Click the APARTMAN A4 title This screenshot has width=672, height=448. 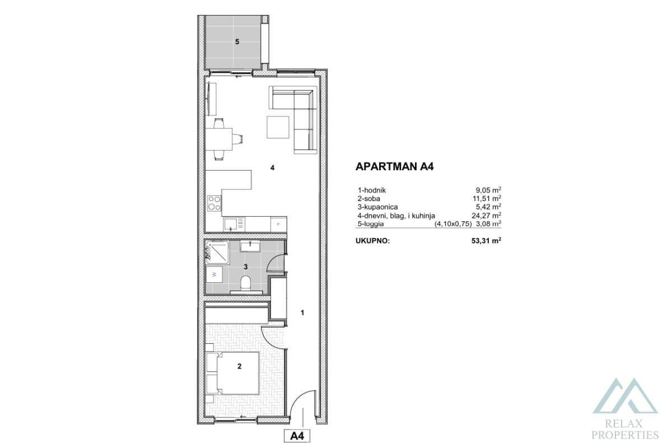(395, 166)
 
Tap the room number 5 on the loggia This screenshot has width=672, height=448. (237, 41)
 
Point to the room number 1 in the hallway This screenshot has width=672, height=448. (302, 313)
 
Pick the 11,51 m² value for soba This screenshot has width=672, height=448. (486, 198)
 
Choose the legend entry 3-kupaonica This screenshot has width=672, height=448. (378, 207)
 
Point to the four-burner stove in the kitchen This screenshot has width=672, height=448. (214, 203)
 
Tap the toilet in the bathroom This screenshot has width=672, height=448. (245, 283)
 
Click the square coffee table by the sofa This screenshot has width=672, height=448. (278, 127)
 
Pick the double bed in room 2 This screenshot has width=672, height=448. (232, 373)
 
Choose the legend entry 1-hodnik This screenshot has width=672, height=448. (372, 190)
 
